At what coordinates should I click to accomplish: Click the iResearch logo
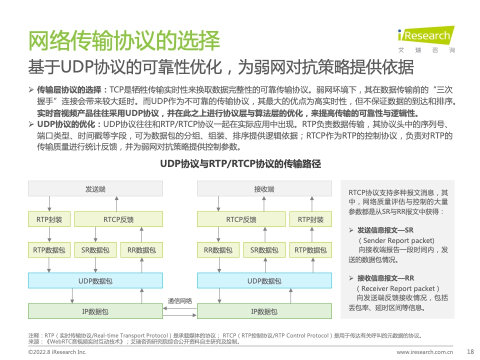(x=426, y=39)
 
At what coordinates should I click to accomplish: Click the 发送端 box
(x=95, y=188)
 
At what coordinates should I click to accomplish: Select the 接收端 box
(x=264, y=188)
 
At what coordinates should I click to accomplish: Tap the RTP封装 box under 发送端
(x=49, y=219)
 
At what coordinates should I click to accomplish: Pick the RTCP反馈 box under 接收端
(x=241, y=219)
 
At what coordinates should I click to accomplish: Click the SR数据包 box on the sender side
(x=95, y=250)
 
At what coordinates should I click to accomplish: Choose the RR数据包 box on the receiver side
(x=218, y=250)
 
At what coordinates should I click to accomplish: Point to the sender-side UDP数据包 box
(x=95, y=280)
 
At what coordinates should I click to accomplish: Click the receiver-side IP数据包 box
(x=264, y=311)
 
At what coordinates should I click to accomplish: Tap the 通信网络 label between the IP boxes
(x=179, y=301)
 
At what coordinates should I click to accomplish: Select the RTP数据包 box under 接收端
(x=310, y=250)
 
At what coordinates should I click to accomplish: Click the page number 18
(x=470, y=351)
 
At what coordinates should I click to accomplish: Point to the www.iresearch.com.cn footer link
(x=424, y=352)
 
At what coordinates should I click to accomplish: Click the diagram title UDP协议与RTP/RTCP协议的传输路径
(x=240, y=164)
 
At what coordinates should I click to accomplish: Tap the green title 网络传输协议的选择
(x=124, y=40)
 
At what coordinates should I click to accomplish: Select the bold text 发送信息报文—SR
(x=385, y=230)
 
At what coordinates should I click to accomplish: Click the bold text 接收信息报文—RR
(x=385, y=278)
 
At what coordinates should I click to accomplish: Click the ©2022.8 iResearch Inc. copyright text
(x=57, y=352)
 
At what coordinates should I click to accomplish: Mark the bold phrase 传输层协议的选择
(x=69, y=89)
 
